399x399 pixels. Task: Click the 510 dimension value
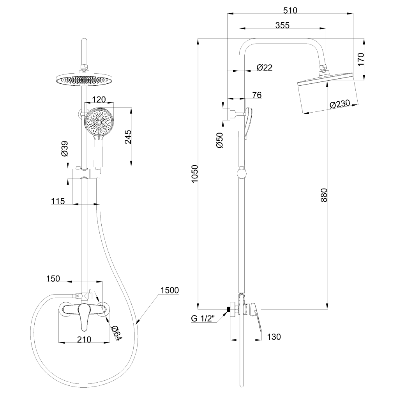coord(290,11)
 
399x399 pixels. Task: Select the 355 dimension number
coord(282,25)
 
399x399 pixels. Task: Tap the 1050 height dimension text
coord(195,174)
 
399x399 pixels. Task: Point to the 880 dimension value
coord(324,195)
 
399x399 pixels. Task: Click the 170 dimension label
coord(361,59)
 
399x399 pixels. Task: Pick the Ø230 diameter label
coord(340,104)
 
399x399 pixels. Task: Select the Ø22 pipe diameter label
coord(265,67)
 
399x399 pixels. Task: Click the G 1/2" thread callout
coord(203,318)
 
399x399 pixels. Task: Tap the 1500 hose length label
coord(170,290)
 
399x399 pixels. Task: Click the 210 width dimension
coord(84,339)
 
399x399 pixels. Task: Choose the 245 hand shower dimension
coord(128,137)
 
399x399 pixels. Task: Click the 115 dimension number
coord(58,201)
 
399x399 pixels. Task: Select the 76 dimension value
coord(257,95)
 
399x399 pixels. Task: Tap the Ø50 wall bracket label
coord(220,140)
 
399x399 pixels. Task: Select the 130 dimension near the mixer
coord(274,337)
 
